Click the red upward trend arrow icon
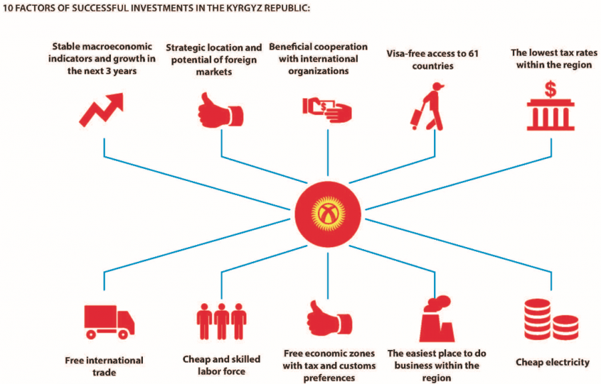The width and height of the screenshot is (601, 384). pyautogui.click(x=102, y=110)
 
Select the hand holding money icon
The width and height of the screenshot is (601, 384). pyautogui.click(x=327, y=110)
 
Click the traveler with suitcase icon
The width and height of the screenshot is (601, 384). pyautogui.click(x=427, y=107)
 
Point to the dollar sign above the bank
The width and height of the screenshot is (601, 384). pyautogui.click(x=550, y=89)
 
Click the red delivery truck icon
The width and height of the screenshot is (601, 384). pyautogui.click(x=110, y=322)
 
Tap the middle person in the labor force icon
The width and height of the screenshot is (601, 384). pyautogui.click(x=222, y=321)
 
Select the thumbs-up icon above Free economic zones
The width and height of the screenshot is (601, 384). pyautogui.click(x=329, y=319)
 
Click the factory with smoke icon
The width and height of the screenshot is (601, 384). pyautogui.click(x=437, y=319)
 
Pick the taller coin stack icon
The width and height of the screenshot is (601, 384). pyautogui.click(x=538, y=319)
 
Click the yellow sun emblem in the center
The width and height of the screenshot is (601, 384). pyautogui.click(x=328, y=214)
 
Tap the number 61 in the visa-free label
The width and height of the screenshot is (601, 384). pyautogui.click(x=473, y=53)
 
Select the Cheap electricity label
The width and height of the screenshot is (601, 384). pyautogui.click(x=552, y=362)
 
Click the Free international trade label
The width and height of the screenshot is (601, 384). pyautogui.click(x=104, y=367)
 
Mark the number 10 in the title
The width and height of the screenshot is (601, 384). pyautogui.click(x=7, y=8)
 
